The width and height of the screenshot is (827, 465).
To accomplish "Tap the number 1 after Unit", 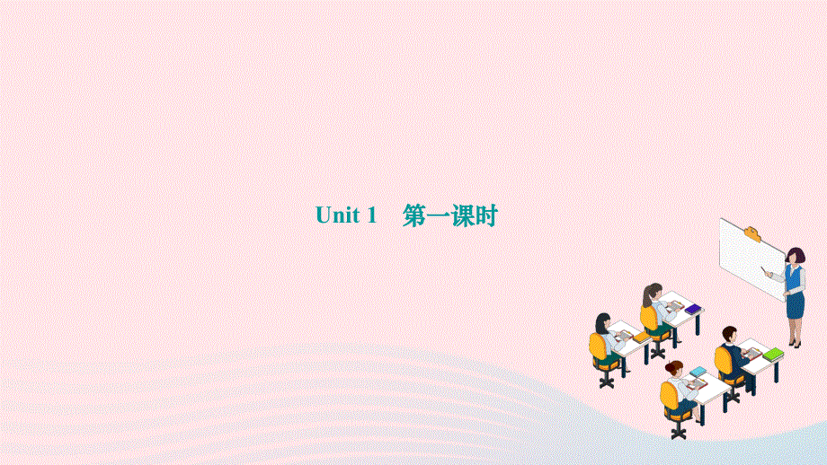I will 369,216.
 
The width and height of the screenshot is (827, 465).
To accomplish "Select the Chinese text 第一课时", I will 449,216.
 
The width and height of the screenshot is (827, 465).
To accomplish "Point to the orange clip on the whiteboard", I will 753,236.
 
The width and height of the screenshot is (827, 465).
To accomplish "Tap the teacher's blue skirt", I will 796,304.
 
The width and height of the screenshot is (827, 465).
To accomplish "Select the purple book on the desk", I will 692,310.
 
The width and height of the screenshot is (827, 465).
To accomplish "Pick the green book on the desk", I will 773,353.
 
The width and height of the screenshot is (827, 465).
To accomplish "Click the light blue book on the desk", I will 698,371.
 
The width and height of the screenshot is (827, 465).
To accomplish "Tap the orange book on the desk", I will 640,337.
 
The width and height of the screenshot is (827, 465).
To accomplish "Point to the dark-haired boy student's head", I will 729,334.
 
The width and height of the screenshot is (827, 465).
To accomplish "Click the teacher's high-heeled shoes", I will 794,343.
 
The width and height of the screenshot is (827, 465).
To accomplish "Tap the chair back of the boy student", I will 722,361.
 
